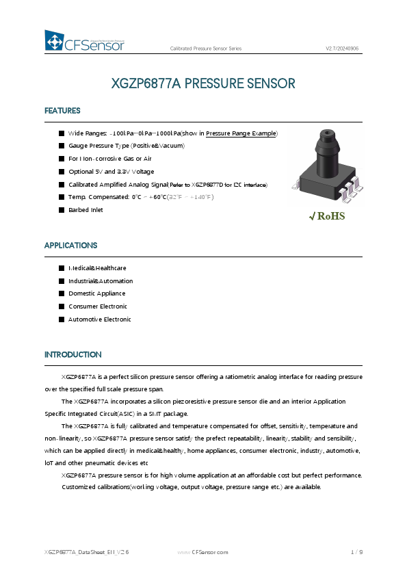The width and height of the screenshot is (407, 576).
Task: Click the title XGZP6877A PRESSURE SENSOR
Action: click(x=203, y=83)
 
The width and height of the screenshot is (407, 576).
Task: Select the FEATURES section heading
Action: click(x=62, y=111)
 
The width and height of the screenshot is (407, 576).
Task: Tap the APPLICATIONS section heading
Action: click(x=70, y=245)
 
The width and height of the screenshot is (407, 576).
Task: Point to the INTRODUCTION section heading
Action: click(x=73, y=354)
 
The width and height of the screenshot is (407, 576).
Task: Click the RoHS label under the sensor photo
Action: click(x=328, y=217)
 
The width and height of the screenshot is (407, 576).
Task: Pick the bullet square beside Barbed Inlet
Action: click(x=62, y=210)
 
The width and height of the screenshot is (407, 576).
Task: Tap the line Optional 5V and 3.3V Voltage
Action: click(x=111, y=172)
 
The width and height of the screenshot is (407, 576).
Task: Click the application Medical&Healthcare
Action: click(x=97, y=268)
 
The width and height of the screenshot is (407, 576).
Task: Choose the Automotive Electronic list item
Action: click(x=99, y=319)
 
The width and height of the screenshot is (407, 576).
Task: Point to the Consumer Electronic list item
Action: click(x=98, y=306)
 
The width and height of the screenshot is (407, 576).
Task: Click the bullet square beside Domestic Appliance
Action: click(x=62, y=293)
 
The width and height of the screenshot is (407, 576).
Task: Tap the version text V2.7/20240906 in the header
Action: click(x=342, y=49)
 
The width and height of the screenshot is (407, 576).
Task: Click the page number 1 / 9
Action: click(x=356, y=551)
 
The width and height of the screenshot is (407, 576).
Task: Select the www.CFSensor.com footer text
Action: click(x=202, y=551)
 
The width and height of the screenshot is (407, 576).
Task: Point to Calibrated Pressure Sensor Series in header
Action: click(x=205, y=49)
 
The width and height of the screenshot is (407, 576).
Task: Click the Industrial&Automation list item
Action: click(x=101, y=281)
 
